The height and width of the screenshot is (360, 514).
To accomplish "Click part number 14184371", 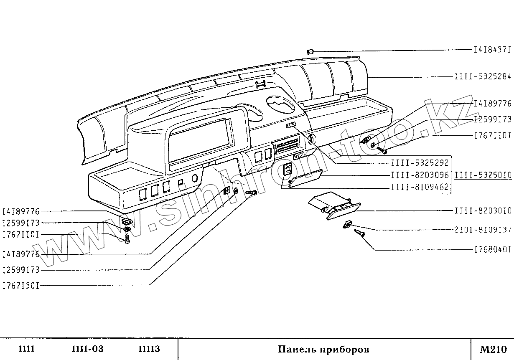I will click(x=492, y=50).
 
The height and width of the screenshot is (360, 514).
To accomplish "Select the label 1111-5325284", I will click(x=483, y=77).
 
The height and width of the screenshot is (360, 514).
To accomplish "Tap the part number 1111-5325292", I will click(x=420, y=163).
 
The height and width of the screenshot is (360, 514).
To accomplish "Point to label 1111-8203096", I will click(x=420, y=176).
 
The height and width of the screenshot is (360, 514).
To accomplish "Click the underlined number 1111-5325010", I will click(x=483, y=175).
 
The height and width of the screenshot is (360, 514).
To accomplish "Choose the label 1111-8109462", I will click(x=420, y=188).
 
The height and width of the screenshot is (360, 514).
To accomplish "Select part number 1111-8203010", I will click(x=483, y=211).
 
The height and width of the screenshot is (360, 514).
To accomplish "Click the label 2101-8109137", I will click(x=483, y=230).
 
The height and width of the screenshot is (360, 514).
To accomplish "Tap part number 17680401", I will click(x=492, y=250).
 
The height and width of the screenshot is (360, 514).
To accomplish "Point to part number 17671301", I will click(x=21, y=286).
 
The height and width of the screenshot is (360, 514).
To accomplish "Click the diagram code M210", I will click(x=493, y=349).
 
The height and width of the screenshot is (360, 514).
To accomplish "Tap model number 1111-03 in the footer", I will click(x=87, y=349).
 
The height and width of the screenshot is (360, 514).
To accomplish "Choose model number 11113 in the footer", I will click(x=149, y=349).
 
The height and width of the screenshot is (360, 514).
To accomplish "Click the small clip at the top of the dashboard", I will click(x=310, y=52).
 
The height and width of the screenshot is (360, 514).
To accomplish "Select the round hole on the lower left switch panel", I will click(x=194, y=179).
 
